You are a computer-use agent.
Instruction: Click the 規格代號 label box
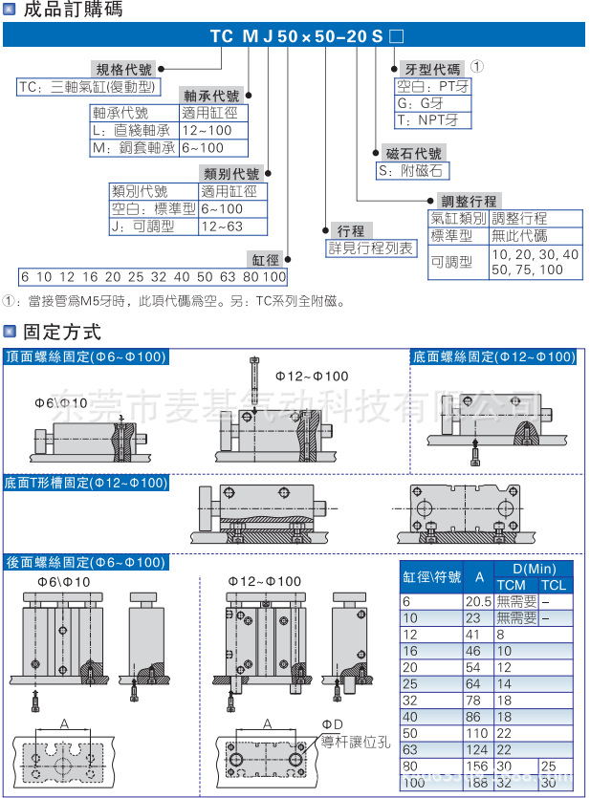124,70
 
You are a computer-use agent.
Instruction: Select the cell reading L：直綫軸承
132,130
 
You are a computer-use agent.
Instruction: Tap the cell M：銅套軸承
132,148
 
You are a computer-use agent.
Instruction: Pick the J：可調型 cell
142,226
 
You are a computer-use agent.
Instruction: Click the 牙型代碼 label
434,69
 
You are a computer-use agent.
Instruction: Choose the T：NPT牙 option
427,120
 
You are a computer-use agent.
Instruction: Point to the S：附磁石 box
410,171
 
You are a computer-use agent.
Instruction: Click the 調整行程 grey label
469,201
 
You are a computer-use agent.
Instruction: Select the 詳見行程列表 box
372,248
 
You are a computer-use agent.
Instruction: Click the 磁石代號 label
413,153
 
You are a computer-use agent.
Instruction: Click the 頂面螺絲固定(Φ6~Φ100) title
86,356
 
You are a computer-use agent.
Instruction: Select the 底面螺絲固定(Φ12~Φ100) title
493,356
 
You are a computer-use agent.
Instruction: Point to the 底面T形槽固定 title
86,483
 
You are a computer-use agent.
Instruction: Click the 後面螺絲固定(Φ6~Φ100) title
86,562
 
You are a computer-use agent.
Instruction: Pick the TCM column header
512,585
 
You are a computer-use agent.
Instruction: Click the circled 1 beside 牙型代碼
477,68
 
